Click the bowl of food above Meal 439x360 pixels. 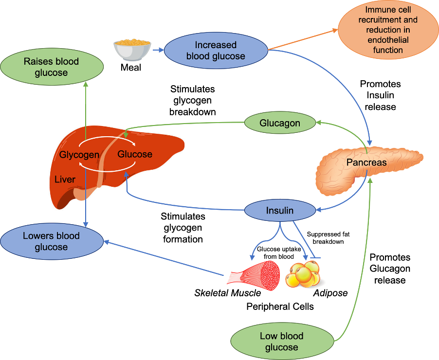coord(132,50)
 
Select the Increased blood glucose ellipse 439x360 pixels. coord(216,51)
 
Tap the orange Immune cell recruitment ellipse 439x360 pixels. coord(388,30)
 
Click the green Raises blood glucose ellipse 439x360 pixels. coord(52,67)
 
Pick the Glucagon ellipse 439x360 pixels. coord(280,123)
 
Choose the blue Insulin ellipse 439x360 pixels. coord(280,211)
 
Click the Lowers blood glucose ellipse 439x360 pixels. coord(52,241)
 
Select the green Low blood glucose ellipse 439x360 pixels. coord(282,342)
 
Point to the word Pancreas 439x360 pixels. coord(366,162)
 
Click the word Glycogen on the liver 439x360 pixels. coord(79,155)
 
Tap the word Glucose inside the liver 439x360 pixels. coord(135,154)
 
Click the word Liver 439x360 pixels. coord(65,179)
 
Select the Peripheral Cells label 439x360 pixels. coord(280,306)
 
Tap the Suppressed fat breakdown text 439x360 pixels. coord(328,238)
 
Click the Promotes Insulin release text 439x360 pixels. coord(380,95)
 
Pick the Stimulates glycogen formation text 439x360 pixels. coord(183,228)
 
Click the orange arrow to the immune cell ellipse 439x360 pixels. coord(303,39)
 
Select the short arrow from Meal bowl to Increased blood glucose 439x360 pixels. coord(158,50)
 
